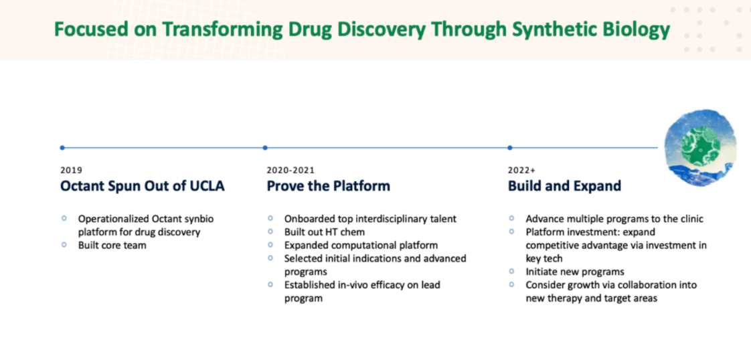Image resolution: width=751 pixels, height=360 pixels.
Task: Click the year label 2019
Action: click(72, 170)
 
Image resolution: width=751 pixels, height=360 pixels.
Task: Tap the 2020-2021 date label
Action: click(290, 170)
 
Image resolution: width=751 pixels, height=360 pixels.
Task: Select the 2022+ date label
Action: click(521, 170)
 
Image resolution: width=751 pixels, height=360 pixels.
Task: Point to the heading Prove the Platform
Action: click(329, 186)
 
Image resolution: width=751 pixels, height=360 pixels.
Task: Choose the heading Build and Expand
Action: click(565, 186)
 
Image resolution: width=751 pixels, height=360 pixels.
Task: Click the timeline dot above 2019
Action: click(62, 147)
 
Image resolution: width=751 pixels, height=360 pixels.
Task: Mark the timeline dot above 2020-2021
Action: click(265, 147)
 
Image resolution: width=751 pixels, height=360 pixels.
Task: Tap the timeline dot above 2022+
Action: click(509, 147)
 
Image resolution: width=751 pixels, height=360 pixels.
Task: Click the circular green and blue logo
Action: click(700, 147)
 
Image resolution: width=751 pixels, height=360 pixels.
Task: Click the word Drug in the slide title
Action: click(310, 29)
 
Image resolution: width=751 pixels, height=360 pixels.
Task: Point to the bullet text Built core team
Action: click(112, 245)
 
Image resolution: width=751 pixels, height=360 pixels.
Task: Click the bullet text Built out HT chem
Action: click(325, 232)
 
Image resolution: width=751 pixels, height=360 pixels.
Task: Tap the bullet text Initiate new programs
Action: click(575, 272)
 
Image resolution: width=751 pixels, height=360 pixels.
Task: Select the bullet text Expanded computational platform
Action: click(361, 245)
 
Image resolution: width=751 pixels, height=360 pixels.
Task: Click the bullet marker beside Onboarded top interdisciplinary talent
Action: click(270, 218)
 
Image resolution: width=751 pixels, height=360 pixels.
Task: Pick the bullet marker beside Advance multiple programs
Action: click(512, 218)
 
